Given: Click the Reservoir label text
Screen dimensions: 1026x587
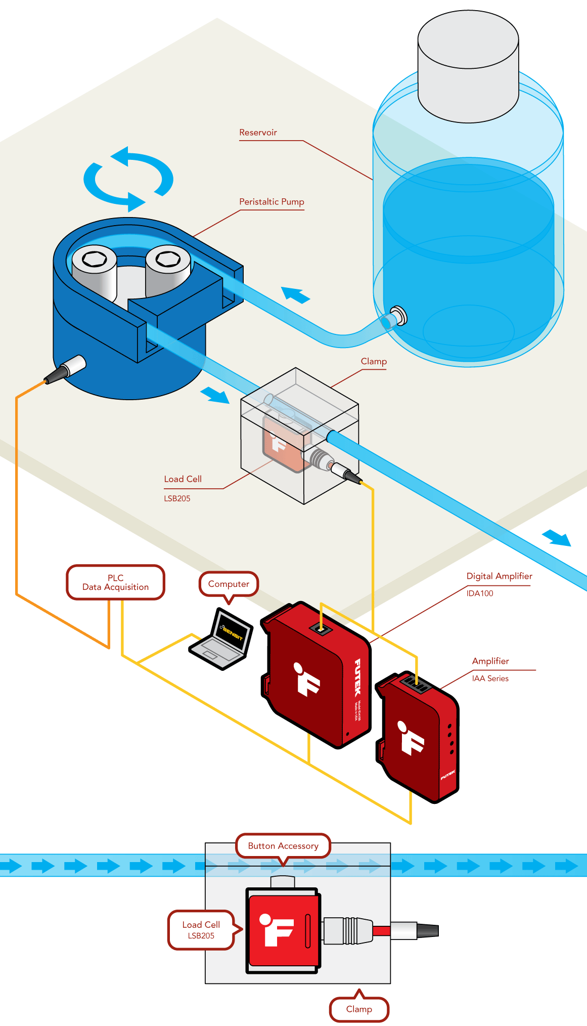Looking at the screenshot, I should [258, 133].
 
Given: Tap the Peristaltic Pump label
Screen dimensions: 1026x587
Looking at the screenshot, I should [272, 202].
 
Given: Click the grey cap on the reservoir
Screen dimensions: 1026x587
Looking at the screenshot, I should [468, 66].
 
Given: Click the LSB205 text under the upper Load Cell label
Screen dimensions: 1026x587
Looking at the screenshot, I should [177, 498].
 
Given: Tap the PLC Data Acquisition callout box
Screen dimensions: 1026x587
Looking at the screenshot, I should [115, 582].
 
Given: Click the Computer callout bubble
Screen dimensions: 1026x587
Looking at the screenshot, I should [229, 584].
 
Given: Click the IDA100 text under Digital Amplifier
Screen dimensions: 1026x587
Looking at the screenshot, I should [479, 593].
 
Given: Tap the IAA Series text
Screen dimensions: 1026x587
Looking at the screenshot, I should [490, 678].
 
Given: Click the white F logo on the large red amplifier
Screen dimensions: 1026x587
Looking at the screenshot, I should [306, 679].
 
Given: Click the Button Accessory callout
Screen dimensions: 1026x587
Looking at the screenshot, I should [283, 846].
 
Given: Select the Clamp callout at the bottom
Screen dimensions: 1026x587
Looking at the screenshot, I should [359, 1009].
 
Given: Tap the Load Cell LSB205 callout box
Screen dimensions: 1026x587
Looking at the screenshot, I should [201, 930].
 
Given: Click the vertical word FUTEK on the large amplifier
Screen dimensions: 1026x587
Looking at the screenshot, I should [357, 677].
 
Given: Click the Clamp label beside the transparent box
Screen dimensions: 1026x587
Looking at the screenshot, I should [374, 361].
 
